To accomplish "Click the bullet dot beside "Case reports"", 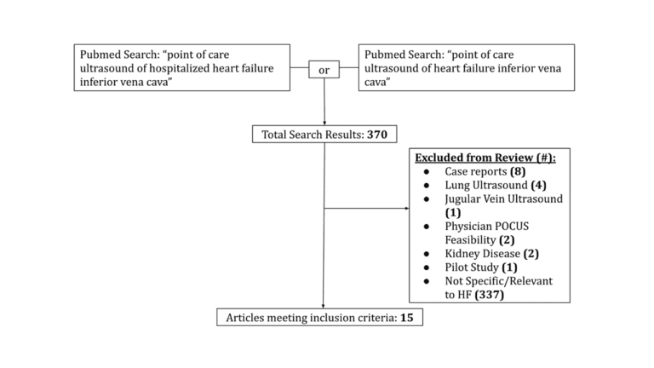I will click(x=426, y=172).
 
